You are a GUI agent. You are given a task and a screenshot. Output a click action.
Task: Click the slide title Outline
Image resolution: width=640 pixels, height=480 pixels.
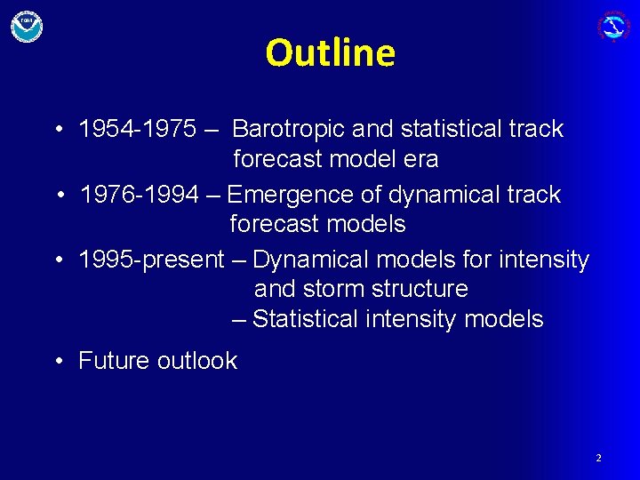pos(330,53)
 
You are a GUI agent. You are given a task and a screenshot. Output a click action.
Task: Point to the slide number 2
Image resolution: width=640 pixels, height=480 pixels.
pos(598,458)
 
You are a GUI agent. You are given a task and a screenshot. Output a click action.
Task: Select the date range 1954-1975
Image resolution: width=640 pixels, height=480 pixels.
pos(138,129)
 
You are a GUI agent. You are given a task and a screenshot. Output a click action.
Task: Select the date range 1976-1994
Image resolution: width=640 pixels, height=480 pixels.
pos(140,195)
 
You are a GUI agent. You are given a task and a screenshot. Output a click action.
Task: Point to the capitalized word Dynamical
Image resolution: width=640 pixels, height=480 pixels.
pos(309,260)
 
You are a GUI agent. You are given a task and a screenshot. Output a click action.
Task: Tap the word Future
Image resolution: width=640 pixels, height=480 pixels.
pos(114,361)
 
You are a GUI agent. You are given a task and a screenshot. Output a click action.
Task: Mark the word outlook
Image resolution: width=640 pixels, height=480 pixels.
pos(197,361)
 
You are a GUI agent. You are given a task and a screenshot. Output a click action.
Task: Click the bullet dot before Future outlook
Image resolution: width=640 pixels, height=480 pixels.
pos(58,361)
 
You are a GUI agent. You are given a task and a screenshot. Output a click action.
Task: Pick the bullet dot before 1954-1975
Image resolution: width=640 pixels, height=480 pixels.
pos(58,130)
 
